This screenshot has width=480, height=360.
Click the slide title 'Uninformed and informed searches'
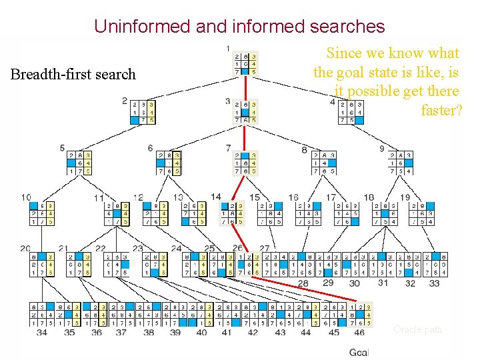click(239, 26)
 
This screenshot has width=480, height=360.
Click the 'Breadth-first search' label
click(73, 74)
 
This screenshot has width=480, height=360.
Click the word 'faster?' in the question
click(441, 109)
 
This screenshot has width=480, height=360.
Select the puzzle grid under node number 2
click(143, 112)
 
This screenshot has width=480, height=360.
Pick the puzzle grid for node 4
click(351, 112)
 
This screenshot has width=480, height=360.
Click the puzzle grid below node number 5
click(80, 163)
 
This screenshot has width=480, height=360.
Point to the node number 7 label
click(228, 147)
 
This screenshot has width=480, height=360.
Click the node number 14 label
click(215, 197)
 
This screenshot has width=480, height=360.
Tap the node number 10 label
click(26, 197)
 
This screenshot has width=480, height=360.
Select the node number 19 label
click(404, 197)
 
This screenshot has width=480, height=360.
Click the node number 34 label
click(42, 332)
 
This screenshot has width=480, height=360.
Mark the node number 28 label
click(303, 283)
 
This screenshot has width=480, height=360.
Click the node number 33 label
click(434, 283)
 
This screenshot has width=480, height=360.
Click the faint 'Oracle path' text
click(417, 329)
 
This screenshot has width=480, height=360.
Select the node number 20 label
click(26, 248)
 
